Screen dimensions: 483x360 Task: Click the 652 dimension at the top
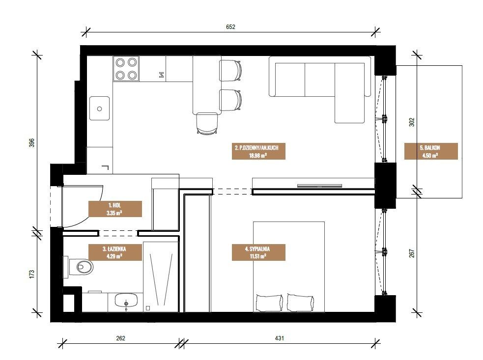230,27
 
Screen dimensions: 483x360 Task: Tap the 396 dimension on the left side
32,142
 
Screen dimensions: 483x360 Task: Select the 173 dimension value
32,275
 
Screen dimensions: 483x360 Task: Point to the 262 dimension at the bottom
120,338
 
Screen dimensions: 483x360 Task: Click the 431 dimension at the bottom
280,338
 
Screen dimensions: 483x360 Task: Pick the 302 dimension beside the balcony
412,122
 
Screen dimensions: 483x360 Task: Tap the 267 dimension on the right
412,253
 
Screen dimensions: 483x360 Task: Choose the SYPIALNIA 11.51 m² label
258,252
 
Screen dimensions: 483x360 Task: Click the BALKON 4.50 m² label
430,151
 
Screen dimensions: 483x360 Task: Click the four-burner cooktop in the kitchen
126,69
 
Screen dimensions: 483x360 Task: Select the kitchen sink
99,109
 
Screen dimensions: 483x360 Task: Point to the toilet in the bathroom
79,267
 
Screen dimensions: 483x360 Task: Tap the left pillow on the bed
269,303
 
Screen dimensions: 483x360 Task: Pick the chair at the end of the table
208,123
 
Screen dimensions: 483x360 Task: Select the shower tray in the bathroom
161,277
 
